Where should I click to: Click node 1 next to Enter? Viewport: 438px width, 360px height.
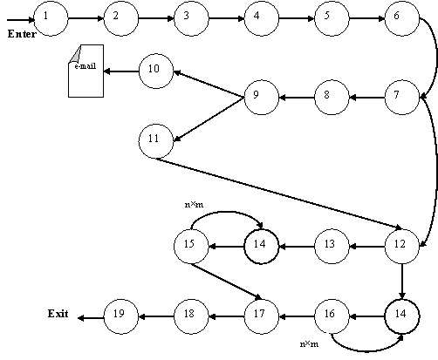51,18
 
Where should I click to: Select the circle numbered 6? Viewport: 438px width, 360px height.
402,18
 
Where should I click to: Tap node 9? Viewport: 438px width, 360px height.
262,98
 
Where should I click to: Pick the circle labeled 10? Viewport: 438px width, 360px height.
156,71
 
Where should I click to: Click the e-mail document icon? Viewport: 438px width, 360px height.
86,71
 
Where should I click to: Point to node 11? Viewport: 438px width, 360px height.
156,141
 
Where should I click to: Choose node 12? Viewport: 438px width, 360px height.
402,247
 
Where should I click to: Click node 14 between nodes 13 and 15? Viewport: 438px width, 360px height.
262,247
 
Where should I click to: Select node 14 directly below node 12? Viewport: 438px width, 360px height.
402,316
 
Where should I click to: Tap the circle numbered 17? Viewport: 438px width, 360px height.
262,316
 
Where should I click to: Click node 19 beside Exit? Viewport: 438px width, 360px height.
121,316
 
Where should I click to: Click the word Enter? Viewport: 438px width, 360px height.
22,34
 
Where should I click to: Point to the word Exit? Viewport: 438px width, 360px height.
58,314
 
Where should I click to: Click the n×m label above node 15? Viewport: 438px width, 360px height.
194,205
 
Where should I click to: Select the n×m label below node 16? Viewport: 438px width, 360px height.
309,344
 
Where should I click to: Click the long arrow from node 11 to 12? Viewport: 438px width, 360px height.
279,194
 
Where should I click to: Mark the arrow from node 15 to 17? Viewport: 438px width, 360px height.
226,282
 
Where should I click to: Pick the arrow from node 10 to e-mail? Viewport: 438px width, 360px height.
121,71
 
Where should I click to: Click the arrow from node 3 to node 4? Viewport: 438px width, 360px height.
226,18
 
